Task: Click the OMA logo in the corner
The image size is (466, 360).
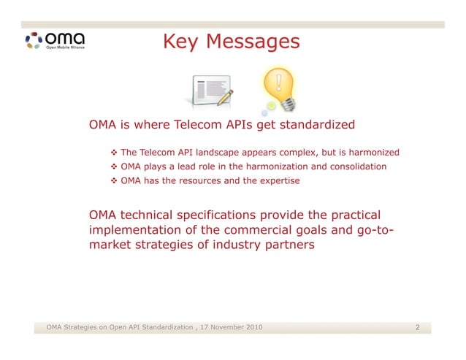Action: pos(55,39)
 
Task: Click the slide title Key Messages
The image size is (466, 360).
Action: pos(230,42)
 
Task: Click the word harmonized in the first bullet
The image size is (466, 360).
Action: pos(373,153)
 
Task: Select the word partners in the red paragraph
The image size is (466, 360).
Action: pos(289,245)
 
